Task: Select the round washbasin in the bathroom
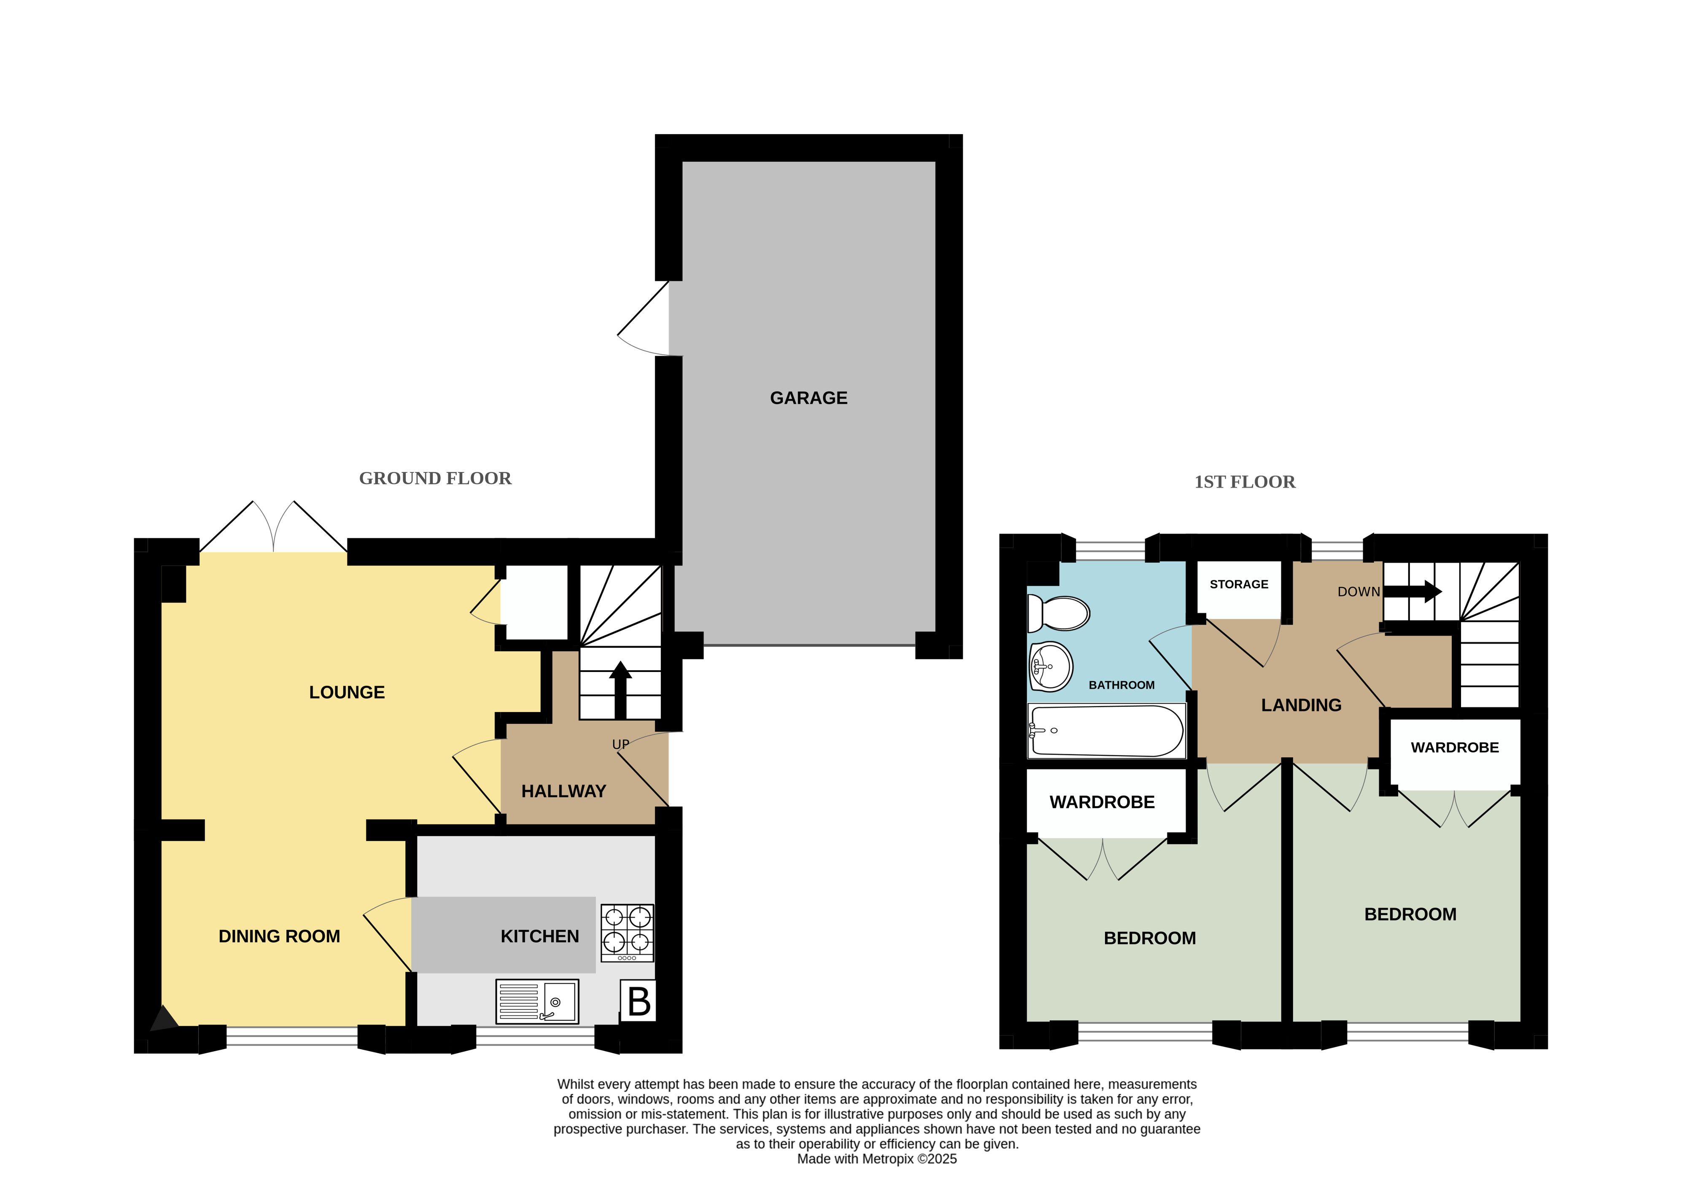pyautogui.click(x=1051, y=667)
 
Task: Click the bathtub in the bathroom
pyautogui.click(x=1106, y=731)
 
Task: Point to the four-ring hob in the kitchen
pyautogui.click(x=627, y=933)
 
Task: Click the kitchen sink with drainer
pyautogui.click(x=537, y=1001)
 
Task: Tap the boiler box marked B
pyautogui.click(x=638, y=1001)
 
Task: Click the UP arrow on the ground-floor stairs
pyautogui.click(x=620, y=690)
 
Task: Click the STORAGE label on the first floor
pyautogui.click(x=1239, y=584)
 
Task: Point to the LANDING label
pyautogui.click(x=1301, y=705)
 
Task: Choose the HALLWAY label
pyautogui.click(x=563, y=791)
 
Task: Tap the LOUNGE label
pyautogui.click(x=347, y=693)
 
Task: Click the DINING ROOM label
pyautogui.click(x=279, y=936)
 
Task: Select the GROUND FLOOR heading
pyautogui.click(x=435, y=478)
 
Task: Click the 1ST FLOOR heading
pyautogui.click(x=1245, y=482)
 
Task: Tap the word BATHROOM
pyautogui.click(x=1121, y=685)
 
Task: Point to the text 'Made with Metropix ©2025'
pyautogui.click(x=877, y=1158)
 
